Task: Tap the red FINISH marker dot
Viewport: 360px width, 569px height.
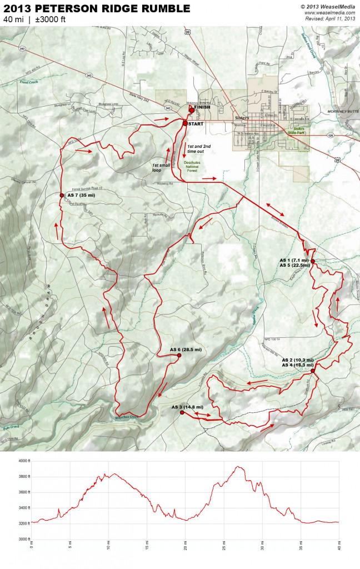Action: [x=192, y=110]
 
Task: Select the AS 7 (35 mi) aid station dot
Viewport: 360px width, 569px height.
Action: [x=62, y=195]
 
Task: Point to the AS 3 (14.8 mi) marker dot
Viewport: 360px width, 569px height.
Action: [x=182, y=413]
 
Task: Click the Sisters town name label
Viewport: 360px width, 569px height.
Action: [x=243, y=118]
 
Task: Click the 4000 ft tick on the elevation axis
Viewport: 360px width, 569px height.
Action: [x=23, y=461]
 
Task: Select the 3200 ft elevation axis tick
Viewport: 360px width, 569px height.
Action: [x=23, y=523]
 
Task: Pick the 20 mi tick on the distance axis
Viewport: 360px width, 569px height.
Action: [x=185, y=543]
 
